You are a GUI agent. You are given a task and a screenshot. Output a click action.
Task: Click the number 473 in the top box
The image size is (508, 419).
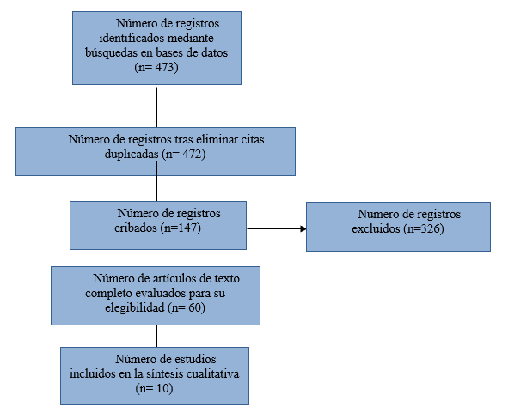(165, 67)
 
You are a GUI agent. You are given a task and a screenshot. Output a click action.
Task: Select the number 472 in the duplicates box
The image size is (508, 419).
(193, 154)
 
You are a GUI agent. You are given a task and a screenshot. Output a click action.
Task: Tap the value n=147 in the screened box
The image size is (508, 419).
(181, 228)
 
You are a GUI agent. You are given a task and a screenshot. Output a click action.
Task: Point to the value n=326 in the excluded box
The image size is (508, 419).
(424, 228)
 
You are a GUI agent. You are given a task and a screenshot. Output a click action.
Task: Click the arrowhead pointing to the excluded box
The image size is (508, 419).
(303, 228)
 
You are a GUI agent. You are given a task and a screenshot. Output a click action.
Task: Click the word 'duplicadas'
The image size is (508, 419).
(132, 154)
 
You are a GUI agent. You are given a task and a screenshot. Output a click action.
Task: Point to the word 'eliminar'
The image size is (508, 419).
(217, 139)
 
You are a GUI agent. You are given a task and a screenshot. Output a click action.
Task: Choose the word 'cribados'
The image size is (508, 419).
(136, 228)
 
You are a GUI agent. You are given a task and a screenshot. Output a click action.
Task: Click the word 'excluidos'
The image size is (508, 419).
(376, 228)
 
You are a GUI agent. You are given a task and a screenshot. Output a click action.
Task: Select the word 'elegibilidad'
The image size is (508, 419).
(135, 307)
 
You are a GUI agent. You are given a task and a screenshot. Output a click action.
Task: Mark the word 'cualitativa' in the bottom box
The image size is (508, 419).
(213, 373)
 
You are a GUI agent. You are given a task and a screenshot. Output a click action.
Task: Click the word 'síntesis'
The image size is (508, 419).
(165, 373)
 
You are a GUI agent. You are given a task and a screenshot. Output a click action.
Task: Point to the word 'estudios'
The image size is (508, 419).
(195, 359)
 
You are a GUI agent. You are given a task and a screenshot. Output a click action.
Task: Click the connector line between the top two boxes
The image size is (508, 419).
(156, 107)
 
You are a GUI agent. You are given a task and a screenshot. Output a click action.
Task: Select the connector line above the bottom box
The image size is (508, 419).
(156, 337)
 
